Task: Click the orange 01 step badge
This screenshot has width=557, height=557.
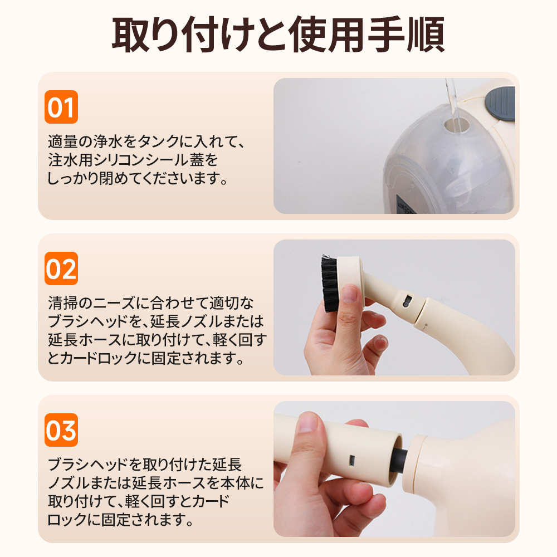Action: [61, 107]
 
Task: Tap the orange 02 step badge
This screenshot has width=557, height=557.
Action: [61, 268]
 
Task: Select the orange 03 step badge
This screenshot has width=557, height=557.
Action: [61, 430]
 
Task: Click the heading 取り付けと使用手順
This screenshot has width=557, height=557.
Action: [278, 35]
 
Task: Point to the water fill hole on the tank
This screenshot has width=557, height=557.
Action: [456, 125]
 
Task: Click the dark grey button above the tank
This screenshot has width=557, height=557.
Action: [501, 104]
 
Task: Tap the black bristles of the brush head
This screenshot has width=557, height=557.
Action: [329, 283]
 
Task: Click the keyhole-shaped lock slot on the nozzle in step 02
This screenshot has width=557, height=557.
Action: [407, 301]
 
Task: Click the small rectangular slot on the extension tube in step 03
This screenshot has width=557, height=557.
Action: [353, 461]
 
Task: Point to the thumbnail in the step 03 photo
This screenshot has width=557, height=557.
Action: [309, 423]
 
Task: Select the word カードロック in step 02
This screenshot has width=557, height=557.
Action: [99, 358]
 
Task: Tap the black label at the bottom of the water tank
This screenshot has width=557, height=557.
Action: [405, 204]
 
